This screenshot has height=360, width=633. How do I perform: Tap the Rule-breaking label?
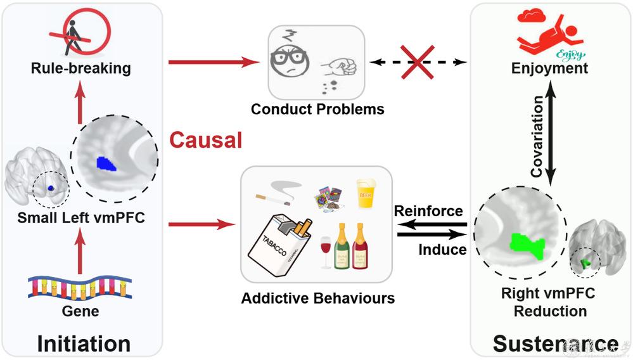point(80,67)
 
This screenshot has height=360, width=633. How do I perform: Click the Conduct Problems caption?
point(317,109)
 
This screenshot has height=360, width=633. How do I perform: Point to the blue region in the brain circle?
point(103,164)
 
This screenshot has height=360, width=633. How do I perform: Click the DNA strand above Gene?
point(80,288)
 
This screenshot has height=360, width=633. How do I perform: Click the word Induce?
point(442,249)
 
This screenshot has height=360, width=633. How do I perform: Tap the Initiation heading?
point(84,343)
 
